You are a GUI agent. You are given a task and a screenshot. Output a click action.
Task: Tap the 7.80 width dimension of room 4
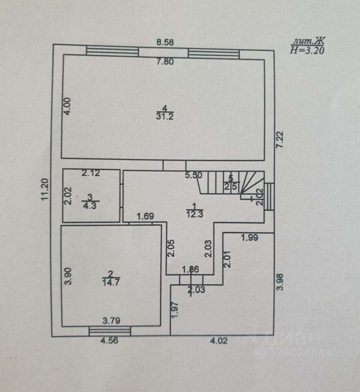167,62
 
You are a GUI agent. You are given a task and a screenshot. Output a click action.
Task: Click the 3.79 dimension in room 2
111,321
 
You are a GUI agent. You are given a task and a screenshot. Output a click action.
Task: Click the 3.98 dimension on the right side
280,282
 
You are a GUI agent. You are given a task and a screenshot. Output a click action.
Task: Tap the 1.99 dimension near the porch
249,238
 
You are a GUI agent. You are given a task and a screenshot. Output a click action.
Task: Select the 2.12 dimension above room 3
91,173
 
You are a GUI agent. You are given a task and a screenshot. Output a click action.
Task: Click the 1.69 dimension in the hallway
145,216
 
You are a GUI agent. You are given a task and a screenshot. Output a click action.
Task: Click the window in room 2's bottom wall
110,331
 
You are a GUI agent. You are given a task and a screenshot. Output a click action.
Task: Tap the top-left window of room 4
113,51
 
